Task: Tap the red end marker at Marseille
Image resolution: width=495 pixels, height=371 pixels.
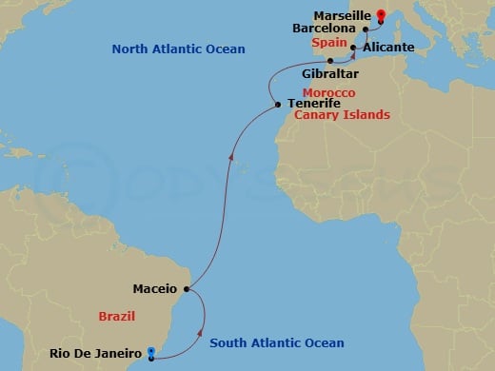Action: pyautogui.click(x=380, y=13)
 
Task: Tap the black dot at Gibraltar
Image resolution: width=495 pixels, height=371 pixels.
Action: pyautogui.click(x=330, y=60)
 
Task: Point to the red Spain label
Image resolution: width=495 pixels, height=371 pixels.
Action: pyautogui.click(x=328, y=44)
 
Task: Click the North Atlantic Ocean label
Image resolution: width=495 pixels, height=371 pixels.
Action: pyautogui.click(x=178, y=49)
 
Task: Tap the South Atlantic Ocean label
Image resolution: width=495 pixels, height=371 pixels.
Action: pyautogui.click(x=277, y=343)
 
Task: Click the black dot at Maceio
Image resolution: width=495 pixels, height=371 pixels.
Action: pyautogui.click(x=188, y=288)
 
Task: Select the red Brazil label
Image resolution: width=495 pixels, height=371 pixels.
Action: pyautogui.click(x=118, y=315)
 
